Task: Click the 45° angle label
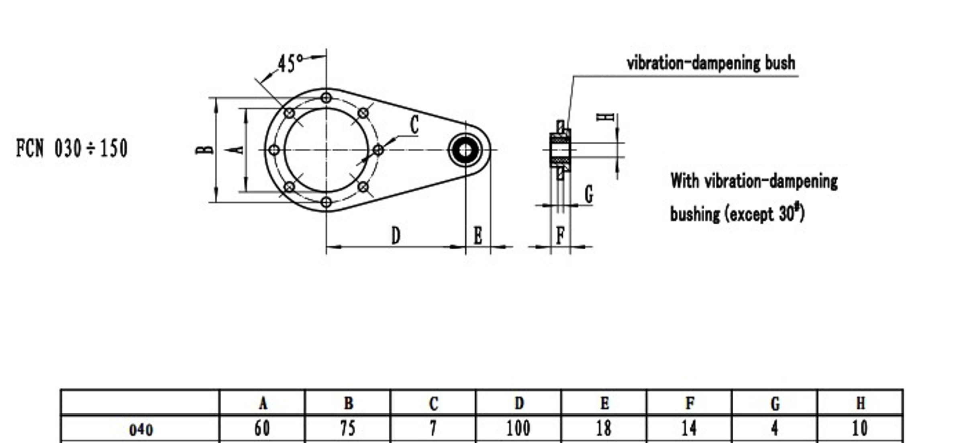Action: [x=290, y=64]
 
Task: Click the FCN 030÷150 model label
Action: [x=72, y=148]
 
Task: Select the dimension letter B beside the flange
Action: [x=204, y=150]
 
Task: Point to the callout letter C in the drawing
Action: [x=414, y=125]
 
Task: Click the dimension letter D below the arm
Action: [x=396, y=236]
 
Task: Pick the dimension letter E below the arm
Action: [x=478, y=236]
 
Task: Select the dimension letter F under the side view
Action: [x=561, y=235]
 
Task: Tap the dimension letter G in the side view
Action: [x=589, y=195]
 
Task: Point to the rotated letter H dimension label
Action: [x=606, y=117]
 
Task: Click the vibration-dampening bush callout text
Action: [x=711, y=63]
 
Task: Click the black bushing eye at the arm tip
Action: [x=465, y=150]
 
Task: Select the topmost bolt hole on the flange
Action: [x=326, y=98]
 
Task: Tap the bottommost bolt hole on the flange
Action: [x=326, y=202]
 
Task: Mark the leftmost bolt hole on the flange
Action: [x=274, y=150]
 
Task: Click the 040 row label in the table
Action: [x=141, y=430]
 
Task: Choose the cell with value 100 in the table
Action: [x=518, y=429]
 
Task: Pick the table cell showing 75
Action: [x=348, y=429]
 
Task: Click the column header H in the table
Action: [x=860, y=403]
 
